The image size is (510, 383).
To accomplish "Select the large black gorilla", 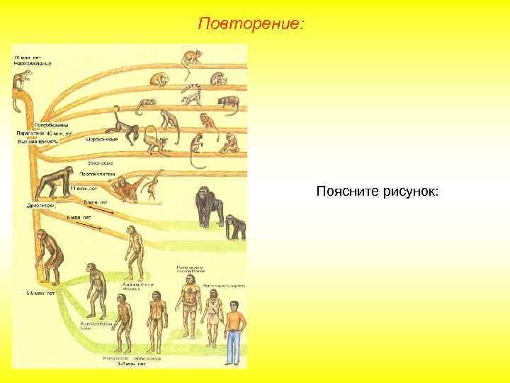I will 208,205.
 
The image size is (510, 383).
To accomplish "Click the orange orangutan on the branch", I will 127,188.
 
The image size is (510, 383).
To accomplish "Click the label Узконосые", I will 101,164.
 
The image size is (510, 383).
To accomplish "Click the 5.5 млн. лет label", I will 41,292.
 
